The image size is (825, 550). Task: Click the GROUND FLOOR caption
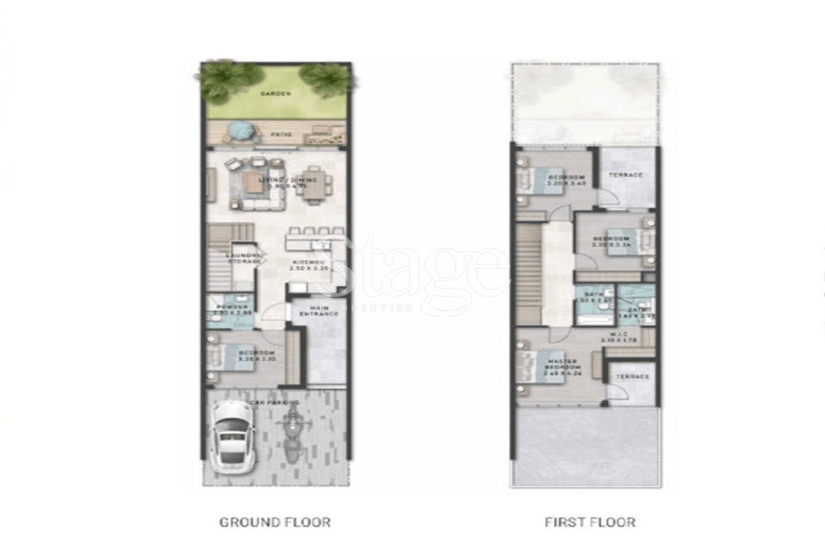pyautogui.click(x=275, y=522)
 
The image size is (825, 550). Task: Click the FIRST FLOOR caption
pyautogui.click(x=590, y=522)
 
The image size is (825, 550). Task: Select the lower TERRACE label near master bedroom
pyautogui.click(x=632, y=377)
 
